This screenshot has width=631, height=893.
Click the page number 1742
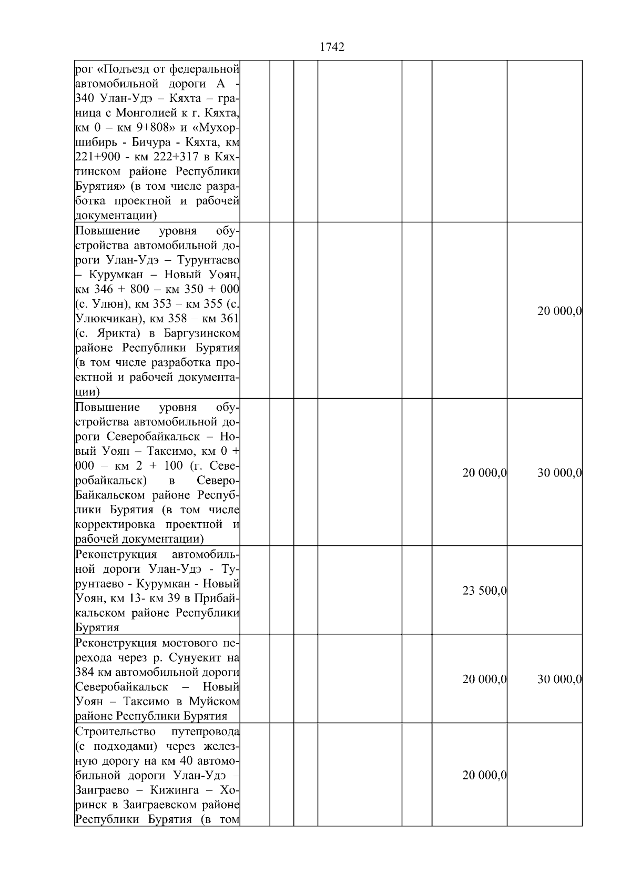coord(332,47)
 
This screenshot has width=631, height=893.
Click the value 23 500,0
coord(484,591)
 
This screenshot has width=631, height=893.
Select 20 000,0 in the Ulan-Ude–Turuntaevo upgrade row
coord(559,311)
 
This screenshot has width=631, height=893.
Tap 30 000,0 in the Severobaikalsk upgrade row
coord(559,473)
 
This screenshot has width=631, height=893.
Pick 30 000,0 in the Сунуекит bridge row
coord(559,679)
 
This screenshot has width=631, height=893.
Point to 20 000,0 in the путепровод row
coord(484,775)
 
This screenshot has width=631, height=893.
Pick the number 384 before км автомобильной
coord(84,672)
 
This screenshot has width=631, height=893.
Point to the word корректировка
coord(117,524)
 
